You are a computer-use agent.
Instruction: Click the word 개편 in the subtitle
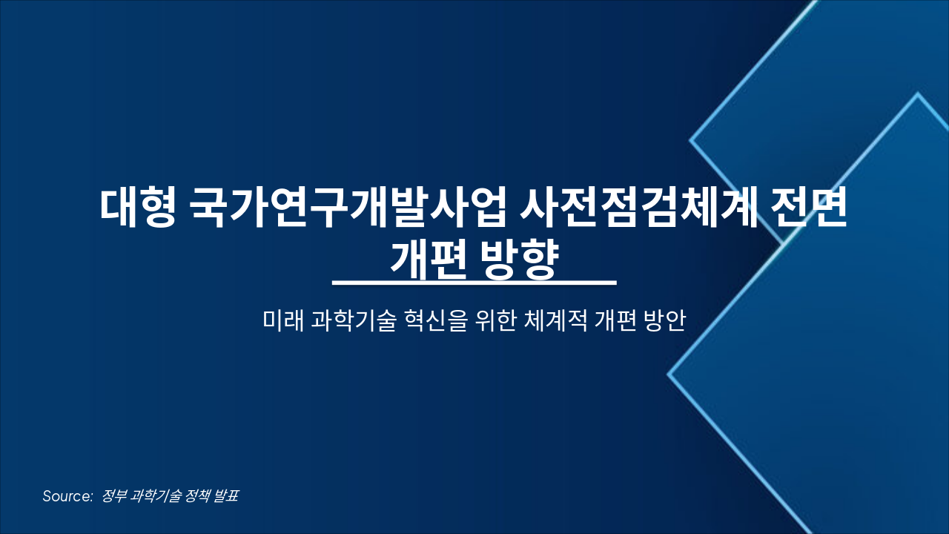click(x=612, y=321)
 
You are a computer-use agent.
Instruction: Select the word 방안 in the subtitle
click(x=664, y=321)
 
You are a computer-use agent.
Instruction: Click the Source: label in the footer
click(x=67, y=496)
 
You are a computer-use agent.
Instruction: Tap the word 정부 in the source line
click(x=113, y=496)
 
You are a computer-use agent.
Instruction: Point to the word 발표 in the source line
click(x=225, y=496)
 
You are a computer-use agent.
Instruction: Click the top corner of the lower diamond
click(x=918, y=94)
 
